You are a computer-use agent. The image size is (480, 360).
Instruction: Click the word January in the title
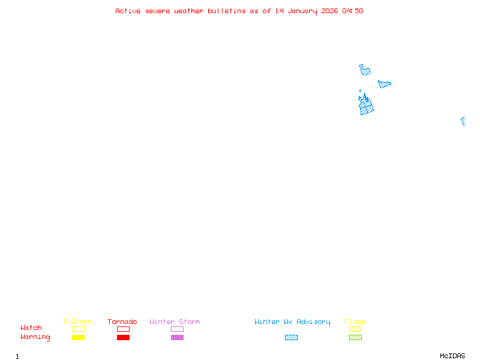click(302, 11)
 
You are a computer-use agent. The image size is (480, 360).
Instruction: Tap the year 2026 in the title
click(329, 11)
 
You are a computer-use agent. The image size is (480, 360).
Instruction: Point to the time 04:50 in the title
click(353, 11)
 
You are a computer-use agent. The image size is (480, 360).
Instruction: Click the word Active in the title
click(128, 11)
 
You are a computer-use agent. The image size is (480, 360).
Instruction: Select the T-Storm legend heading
click(77, 322)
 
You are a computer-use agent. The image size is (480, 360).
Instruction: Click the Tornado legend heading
click(122, 322)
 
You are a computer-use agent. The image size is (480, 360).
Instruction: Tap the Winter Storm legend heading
click(175, 322)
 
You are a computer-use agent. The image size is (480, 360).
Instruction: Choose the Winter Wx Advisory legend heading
click(292, 322)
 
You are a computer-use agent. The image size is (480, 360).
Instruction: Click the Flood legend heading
click(355, 322)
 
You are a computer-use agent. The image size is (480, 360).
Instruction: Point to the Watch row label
click(31, 328)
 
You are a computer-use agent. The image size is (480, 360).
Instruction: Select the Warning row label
click(35, 337)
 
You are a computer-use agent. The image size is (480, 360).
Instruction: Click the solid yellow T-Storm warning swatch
click(79, 337)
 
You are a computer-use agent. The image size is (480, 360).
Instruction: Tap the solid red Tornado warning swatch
click(124, 337)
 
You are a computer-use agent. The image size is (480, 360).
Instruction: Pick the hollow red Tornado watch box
click(124, 326)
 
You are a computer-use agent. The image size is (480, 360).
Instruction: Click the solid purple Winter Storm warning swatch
click(177, 337)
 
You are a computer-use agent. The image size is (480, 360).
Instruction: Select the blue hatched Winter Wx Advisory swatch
click(291, 337)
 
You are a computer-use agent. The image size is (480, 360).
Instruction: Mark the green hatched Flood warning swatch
click(355, 337)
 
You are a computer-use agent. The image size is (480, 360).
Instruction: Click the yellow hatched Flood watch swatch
click(355, 329)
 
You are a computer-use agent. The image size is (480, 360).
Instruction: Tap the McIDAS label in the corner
click(452, 356)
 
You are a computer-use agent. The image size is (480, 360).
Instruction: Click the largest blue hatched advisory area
click(366, 106)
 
